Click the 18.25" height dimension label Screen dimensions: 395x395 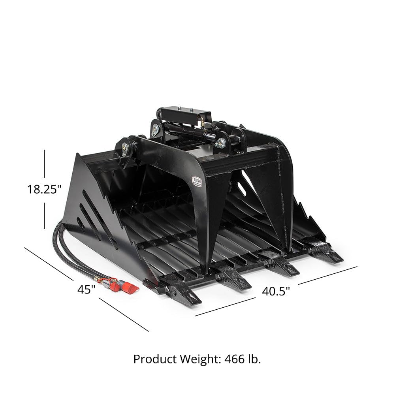tap(44, 190)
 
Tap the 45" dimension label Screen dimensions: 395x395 tap(87, 290)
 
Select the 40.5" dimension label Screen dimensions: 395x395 tap(276, 291)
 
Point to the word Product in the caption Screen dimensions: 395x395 tap(155, 359)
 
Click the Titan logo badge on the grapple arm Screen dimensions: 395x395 tap(196, 182)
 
